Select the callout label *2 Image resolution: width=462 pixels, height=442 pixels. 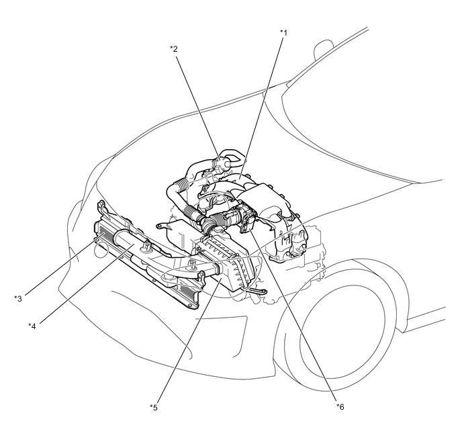[173, 48]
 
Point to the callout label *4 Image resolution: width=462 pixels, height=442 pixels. [32, 326]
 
